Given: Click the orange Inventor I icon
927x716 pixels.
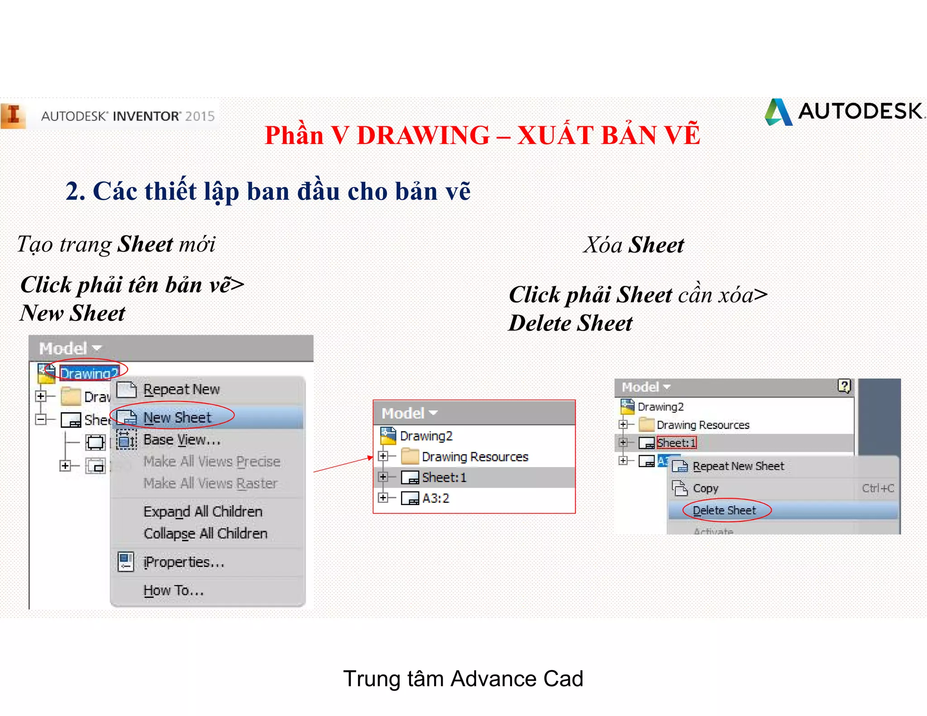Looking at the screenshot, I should click(13, 115).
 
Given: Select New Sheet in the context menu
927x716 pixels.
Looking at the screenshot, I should click(177, 417).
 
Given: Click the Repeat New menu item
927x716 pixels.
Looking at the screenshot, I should click(181, 389).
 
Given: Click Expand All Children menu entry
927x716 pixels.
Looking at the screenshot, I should click(203, 511).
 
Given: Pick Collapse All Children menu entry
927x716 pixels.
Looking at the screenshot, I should click(205, 534).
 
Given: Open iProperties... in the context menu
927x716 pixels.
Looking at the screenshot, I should click(183, 562).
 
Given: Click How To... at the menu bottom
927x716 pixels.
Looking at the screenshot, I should click(173, 590).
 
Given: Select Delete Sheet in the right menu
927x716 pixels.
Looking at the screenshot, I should click(724, 511).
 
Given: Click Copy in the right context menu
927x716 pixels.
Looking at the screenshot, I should click(705, 488).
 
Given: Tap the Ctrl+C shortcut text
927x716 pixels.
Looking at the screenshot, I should click(877, 488).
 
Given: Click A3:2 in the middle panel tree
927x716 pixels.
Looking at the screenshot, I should click(435, 498).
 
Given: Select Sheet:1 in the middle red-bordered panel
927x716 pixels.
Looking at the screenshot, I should click(444, 477).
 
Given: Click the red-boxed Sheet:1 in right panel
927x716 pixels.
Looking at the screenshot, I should click(676, 443).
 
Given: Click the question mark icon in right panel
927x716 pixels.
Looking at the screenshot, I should click(844, 386).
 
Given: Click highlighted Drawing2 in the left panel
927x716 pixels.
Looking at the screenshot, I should click(89, 373).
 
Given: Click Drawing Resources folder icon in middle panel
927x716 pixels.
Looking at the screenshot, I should click(410, 456).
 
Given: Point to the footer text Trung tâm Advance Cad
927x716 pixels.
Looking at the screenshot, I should click(463, 678).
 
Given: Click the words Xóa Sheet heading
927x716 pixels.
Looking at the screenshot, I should click(633, 245).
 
